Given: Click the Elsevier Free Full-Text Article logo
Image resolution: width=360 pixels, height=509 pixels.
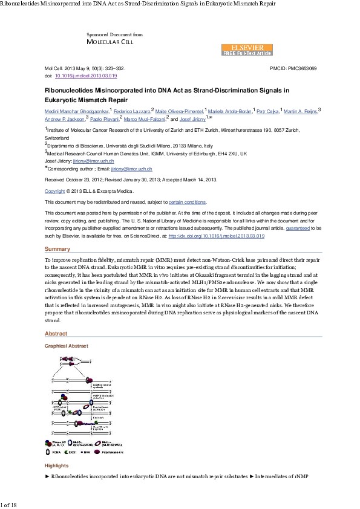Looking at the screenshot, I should [247, 50].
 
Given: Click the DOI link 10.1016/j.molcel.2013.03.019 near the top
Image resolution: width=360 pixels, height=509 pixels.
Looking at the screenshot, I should [86, 76].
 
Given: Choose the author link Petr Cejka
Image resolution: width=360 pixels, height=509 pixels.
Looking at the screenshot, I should [269, 112].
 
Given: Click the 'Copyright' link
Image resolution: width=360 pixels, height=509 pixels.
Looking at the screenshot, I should [55, 191].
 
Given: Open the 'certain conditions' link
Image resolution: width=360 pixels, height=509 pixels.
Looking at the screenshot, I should [187, 202].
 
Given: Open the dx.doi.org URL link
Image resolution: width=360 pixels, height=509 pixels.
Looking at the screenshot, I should [216, 236].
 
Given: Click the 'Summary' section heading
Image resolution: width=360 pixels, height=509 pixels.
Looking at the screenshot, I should [57, 249].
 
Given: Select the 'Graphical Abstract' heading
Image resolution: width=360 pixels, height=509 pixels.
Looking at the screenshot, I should [67, 346].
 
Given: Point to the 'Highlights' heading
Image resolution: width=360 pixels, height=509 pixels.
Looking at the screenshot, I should [57, 465].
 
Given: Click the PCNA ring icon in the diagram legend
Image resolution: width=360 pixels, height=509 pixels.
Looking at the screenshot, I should [49, 451].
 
